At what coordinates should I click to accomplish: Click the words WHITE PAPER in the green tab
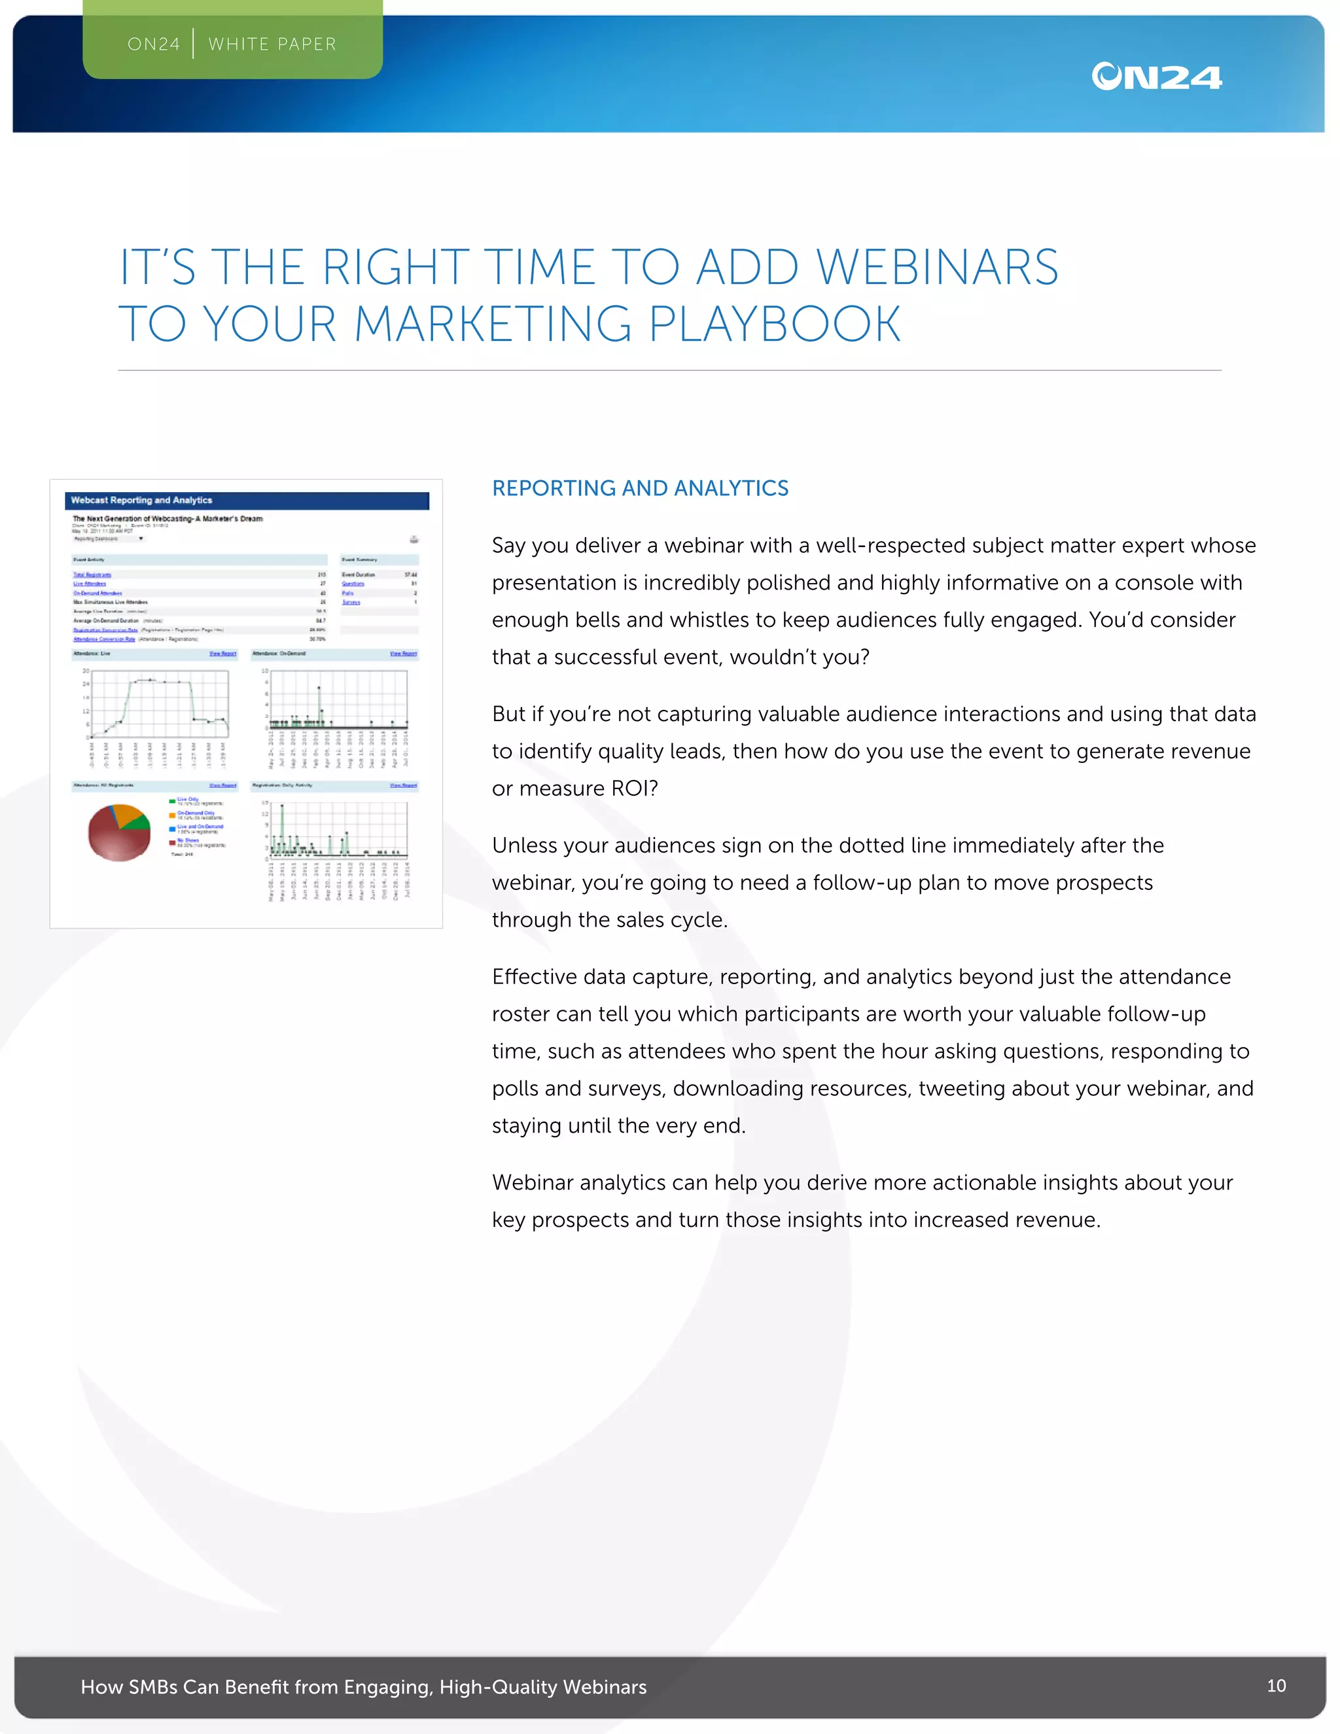pos(272,44)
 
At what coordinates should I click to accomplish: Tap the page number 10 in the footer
pos(1276,1685)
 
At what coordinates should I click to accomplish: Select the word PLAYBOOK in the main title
pos(775,324)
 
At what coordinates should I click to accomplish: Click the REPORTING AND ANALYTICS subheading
pos(640,488)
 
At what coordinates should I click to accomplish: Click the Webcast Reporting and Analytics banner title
pos(141,500)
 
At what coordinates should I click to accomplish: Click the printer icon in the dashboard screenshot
pos(414,540)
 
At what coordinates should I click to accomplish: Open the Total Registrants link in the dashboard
pos(92,575)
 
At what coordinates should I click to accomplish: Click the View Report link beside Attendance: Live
pos(222,654)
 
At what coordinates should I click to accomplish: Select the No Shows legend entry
pos(188,840)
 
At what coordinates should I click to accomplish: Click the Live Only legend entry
pos(188,800)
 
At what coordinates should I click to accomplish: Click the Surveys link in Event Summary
pos(351,603)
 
